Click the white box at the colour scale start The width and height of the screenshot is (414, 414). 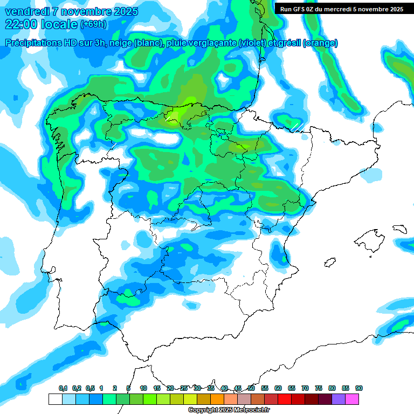coord(55,399)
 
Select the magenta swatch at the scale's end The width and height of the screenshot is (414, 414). coord(352,399)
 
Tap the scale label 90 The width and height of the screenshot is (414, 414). coord(359,388)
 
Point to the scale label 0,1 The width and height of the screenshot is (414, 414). coord(63,388)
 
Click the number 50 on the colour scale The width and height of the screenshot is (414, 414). coord(251,388)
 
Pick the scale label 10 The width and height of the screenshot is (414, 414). coord(143,388)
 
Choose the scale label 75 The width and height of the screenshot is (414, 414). coord(319,388)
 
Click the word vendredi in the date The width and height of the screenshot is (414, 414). coord(27,11)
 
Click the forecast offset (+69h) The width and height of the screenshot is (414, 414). coord(93,24)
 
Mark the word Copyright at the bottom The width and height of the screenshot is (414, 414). coord(203,410)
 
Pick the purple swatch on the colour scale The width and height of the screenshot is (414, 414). coord(339,399)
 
